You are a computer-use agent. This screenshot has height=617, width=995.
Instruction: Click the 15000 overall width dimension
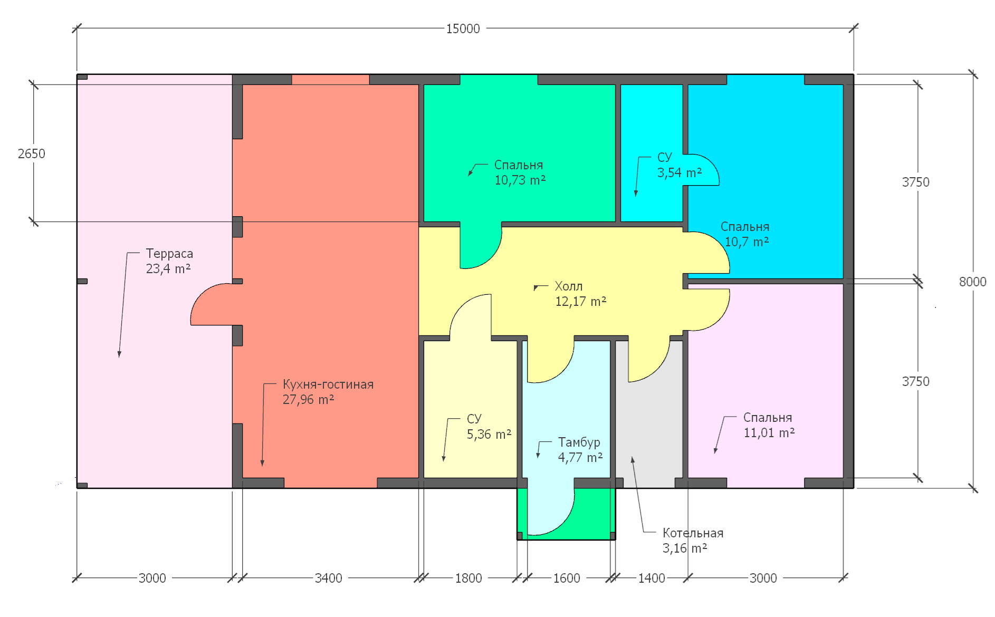click(x=463, y=28)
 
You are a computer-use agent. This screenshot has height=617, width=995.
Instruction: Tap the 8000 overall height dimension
click(x=972, y=282)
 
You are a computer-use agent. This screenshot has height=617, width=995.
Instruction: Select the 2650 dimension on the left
click(x=32, y=153)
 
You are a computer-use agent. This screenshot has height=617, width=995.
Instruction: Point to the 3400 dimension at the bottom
click(x=328, y=578)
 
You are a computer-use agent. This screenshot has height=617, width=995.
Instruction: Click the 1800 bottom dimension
click(x=468, y=578)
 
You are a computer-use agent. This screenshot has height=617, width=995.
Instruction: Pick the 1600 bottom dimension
click(x=567, y=578)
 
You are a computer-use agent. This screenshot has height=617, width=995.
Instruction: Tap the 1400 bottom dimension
click(x=652, y=578)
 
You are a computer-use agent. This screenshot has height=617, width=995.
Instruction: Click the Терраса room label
click(x=169, y=254)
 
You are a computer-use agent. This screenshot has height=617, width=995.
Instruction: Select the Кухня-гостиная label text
click(x=328, y=384)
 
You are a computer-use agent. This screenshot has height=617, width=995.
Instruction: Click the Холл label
click(x=569, y=286)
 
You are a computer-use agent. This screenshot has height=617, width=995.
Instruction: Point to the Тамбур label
click(x=579, y=442)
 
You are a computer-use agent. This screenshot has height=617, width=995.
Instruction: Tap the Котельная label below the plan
click(x=693, y=533)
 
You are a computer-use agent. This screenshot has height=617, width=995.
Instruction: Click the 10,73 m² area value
click(x=520, y=180)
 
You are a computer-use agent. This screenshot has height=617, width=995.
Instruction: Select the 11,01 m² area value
click(x=769, y=433)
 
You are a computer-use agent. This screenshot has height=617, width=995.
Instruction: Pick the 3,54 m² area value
click(x=680, y=173)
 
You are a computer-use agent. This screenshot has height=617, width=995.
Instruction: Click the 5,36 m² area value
click(x=489, y=435)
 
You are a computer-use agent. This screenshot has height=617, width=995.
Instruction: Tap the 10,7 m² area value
click(x=747, y=242)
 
